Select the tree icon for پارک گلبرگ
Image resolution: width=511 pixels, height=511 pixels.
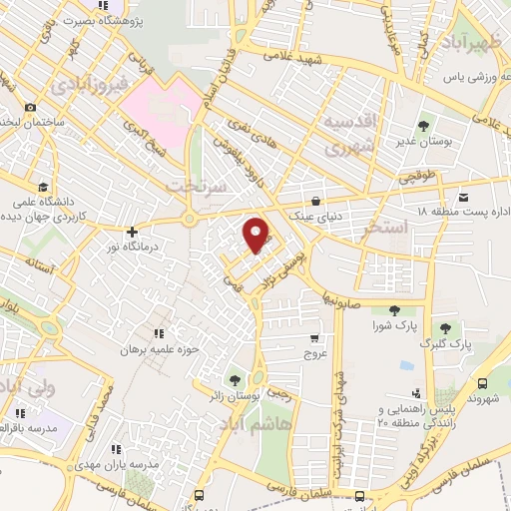(448, 328)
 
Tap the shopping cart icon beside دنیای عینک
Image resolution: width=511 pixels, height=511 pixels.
(315, 199)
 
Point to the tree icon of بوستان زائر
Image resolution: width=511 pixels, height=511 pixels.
(235, 379)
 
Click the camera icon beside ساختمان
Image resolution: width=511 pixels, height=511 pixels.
(31, 107)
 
